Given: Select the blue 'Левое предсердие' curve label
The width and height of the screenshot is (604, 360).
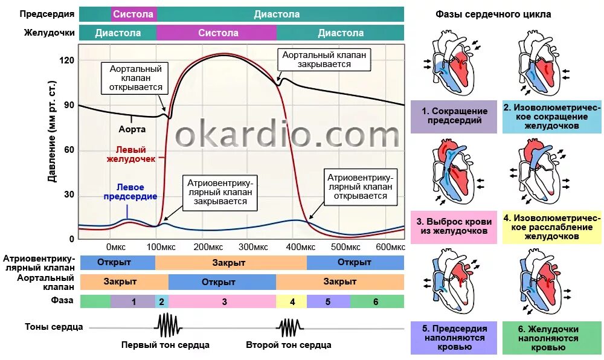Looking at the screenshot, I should (130, 192).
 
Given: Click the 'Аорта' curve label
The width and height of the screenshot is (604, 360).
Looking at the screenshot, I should (132, 129).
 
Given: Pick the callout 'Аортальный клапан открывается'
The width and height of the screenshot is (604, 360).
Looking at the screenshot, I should (135, 78).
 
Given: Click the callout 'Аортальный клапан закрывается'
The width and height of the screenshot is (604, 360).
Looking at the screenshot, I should (325, 59).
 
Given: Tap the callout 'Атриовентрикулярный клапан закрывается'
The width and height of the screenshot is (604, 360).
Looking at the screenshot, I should (220, 191).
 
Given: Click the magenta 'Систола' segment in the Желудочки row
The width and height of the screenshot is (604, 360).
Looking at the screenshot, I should (218, 33).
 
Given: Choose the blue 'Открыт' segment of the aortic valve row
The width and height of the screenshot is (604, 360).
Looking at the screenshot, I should (222, 281).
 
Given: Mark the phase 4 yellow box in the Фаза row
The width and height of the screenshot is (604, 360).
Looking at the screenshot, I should (292, 301).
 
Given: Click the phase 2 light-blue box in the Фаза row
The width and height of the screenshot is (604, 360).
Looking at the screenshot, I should (161, 301).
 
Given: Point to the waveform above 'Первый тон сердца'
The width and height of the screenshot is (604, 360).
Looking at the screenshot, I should (168, 327).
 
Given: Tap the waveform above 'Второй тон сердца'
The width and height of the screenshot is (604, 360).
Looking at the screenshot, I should (289, 327).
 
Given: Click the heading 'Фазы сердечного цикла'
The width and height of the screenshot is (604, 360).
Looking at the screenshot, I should (493, 14).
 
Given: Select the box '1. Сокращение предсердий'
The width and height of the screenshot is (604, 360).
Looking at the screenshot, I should (454, 116).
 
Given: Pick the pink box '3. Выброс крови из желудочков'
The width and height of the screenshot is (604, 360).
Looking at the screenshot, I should (454, 227).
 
